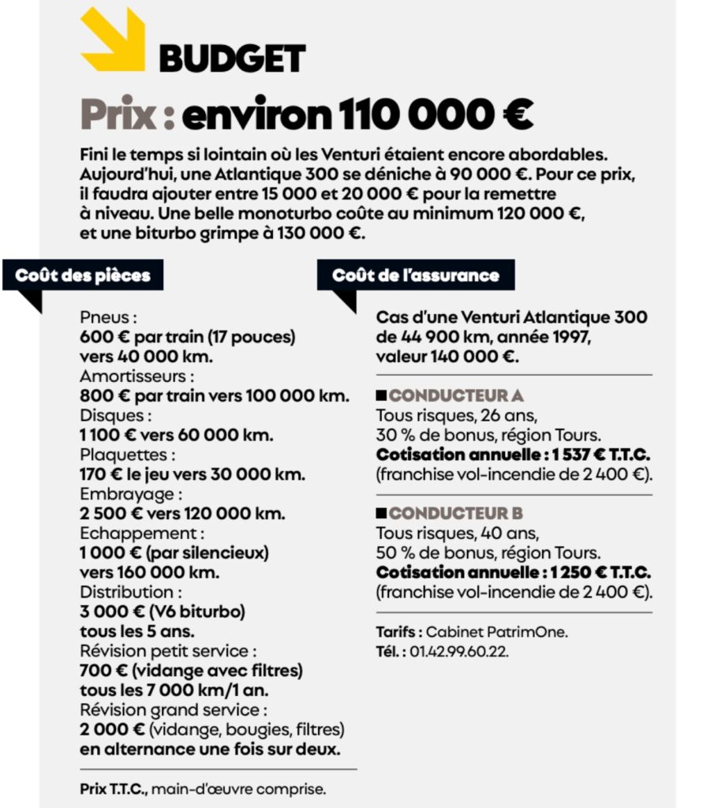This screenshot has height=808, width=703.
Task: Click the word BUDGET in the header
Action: tap(232, 58)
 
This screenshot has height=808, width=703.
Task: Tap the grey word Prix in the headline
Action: tap(118, 116)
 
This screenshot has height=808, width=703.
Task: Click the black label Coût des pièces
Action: tap(83, 275)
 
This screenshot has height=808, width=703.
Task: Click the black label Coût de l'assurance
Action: tap(416, 275)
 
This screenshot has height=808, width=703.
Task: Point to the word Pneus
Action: tap(109, 317)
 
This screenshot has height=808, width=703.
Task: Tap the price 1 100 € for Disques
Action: tap(107, 435)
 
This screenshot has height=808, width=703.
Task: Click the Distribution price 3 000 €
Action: tap(109, 612)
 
